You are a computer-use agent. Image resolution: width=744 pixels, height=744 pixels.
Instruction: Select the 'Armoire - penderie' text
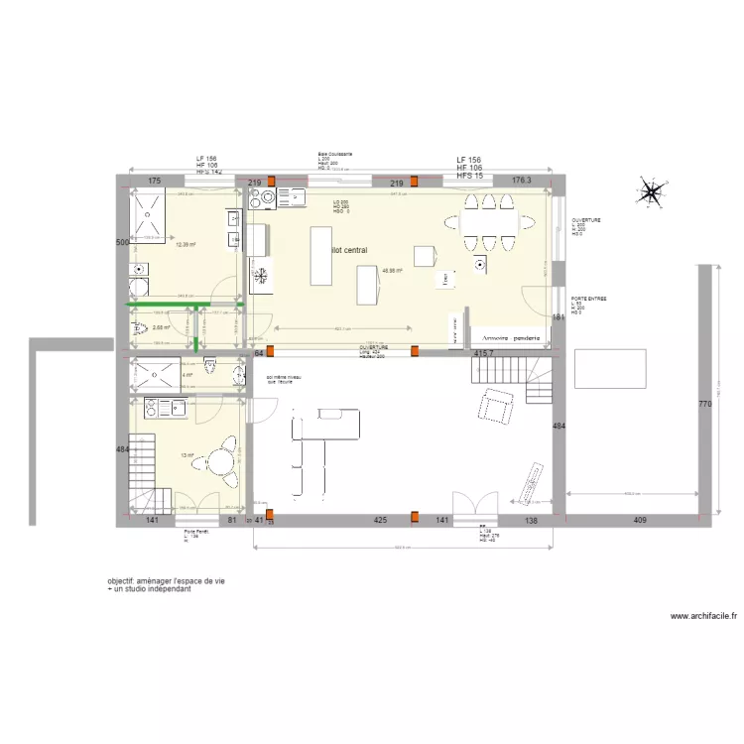point(506,338)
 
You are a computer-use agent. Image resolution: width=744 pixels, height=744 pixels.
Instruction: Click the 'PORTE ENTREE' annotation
point(588,298)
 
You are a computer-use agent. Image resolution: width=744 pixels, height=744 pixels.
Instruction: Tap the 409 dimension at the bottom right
point(639,519)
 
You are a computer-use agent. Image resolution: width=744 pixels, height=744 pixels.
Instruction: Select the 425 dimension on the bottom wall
point(380,519)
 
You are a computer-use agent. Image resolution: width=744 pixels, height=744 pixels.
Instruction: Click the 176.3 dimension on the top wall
point(520,182)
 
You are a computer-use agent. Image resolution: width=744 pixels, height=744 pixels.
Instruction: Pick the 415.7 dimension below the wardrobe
point(483,353)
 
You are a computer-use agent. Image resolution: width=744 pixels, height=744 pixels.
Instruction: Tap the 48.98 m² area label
point(392,270)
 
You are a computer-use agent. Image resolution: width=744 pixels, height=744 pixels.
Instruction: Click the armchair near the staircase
point(495,405)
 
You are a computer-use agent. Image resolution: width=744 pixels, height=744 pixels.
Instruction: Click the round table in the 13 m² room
point(217,462)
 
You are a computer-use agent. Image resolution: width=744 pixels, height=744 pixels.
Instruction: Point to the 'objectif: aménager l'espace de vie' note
point(167,581)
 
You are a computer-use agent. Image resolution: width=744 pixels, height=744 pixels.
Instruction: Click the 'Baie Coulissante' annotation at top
point(334,155)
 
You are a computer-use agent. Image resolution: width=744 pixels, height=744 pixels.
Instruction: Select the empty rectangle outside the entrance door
point(610,368)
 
